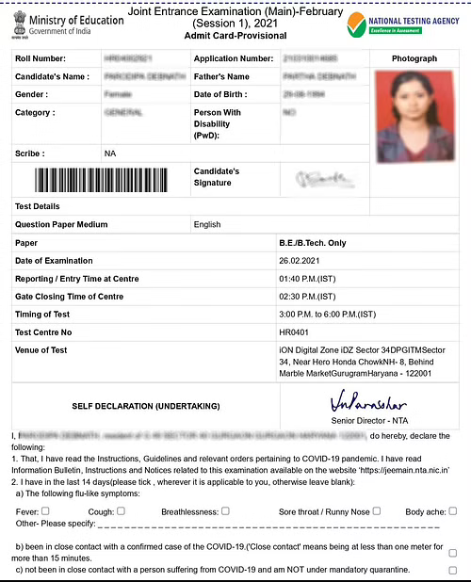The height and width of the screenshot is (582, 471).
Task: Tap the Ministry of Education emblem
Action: (20, 22)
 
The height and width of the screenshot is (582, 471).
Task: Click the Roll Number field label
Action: (42, 58)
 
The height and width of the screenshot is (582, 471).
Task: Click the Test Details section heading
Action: (38, 206)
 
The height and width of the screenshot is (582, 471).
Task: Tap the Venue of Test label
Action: (41, 350)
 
